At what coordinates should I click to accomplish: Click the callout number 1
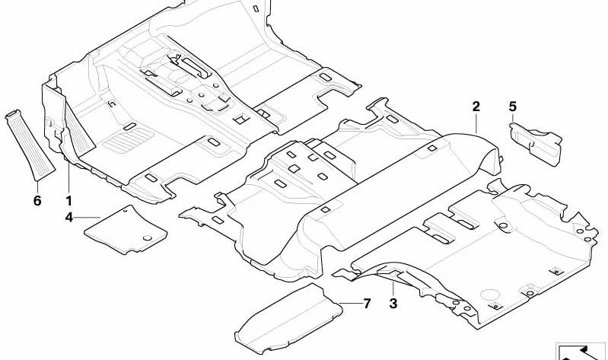(69, 201)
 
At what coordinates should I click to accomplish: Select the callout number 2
(476, 107)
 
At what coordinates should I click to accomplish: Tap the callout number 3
(393, 304)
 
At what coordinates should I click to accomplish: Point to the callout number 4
(69, 218)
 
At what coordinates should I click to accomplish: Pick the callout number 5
(513, 107)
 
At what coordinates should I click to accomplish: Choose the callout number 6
(37, 201)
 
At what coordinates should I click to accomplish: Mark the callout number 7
(367, 304)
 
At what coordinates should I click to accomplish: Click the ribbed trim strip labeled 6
(30, 145)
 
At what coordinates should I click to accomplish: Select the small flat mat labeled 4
(126, 230)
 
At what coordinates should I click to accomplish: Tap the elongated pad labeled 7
(288, 319)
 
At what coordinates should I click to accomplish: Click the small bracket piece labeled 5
(536, 144)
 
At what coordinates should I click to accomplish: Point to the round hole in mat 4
(148, 237)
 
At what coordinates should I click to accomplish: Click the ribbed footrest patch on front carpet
(129, 141)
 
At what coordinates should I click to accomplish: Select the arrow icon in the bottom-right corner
(581, 352)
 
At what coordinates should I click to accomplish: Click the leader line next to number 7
(350, 303)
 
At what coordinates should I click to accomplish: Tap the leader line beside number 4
(88, 218)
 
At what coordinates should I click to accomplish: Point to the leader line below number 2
(476, 124)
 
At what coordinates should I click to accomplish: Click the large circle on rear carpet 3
(489, 295)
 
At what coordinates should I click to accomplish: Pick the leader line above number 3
(393, 289)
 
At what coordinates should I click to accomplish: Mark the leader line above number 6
(37, 188)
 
